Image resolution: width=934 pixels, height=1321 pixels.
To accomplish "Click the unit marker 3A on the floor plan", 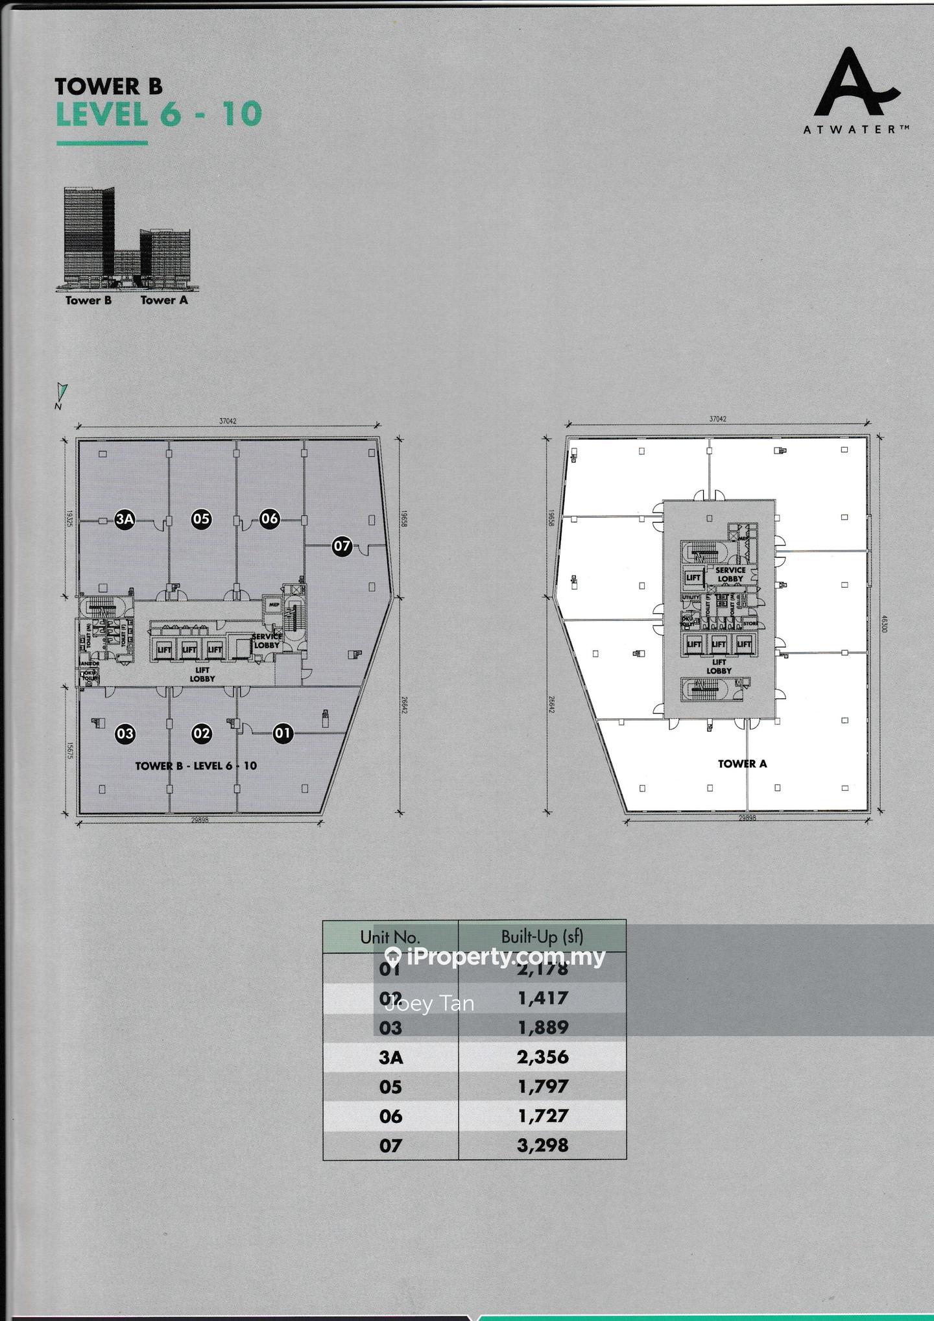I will pos(125,519).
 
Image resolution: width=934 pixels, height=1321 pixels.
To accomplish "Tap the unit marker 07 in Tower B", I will pos(342,546).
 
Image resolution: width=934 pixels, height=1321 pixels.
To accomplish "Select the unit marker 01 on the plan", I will pos(283,734).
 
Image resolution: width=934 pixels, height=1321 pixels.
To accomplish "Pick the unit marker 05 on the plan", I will pos(201,518).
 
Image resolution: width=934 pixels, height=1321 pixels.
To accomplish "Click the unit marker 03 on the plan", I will pos(125,734).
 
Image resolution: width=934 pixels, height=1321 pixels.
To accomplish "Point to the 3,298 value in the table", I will pos(543,1145).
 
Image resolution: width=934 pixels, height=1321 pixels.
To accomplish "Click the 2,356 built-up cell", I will pos(543,1057).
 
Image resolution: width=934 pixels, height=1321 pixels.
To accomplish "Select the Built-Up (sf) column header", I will pos(542,936).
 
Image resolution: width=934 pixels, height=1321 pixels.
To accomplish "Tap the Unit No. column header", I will pos(390,937).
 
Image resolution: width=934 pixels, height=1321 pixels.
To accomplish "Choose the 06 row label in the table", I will pos(390,1116).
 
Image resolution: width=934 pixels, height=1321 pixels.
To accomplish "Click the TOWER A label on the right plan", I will pos(742,764).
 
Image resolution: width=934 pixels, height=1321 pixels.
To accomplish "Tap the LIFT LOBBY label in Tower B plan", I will pos(202,675).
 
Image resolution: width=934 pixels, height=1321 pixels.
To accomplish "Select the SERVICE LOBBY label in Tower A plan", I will pos(730,574).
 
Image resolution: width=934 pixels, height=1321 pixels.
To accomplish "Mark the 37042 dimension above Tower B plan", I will pos(228,421).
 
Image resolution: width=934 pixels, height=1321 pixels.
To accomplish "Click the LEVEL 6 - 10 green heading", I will pos(159,114).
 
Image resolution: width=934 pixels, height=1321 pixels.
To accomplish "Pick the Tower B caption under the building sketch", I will pos(88,300).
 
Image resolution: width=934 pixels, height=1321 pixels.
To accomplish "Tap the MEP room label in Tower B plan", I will pos(274,605).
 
